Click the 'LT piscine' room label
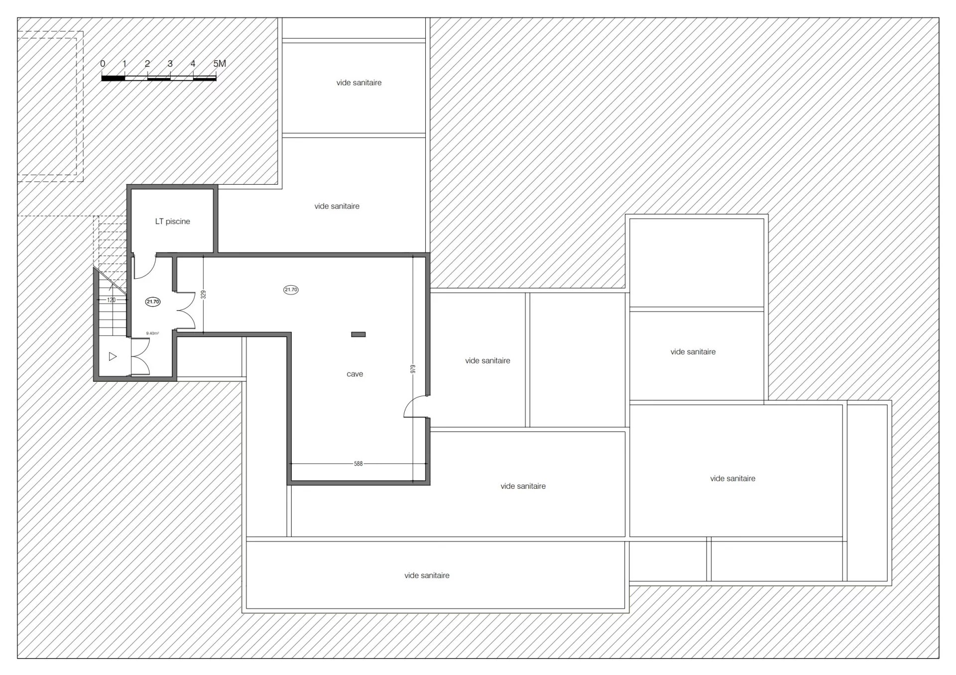tap(172, 222)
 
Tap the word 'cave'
tap(355, 374)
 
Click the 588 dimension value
tap(358, 463)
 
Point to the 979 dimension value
tap(413, 369)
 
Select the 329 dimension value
tap(203, 295)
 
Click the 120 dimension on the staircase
tap(111, 300)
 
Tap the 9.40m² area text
tap(152, 334)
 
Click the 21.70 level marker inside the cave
tap(291, 290)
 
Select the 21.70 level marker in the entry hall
tap(153, 302)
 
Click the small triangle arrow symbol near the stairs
tap(113, 356)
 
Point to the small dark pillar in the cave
tap(358, 335)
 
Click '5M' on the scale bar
tap(220, 64)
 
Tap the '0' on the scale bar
tap(103, 64)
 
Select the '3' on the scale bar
tap(170, 64)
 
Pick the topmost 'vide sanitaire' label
tap(359, 83)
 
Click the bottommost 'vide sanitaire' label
tap(427, 575)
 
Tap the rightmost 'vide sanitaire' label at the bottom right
tap(732, 478)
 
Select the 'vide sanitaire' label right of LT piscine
tap(337, 206)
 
